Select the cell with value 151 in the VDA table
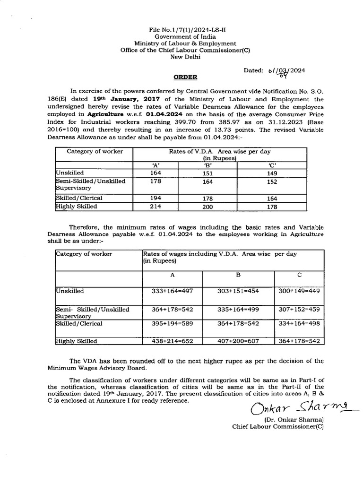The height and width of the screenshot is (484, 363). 207,173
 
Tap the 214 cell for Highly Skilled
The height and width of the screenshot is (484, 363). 156,206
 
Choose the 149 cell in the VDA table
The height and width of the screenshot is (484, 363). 272,173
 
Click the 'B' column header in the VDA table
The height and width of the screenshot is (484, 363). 207,165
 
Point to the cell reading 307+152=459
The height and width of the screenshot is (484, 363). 299,309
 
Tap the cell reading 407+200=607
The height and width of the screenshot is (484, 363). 238,340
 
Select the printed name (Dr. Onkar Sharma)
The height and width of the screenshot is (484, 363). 293,419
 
